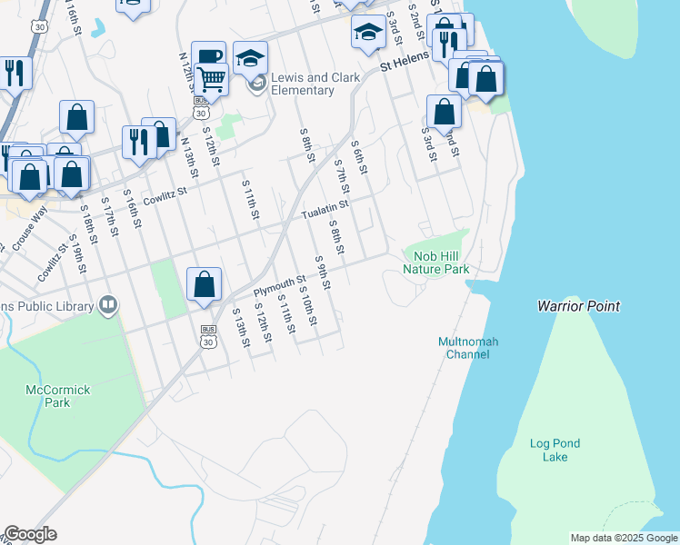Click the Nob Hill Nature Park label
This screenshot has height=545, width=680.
[x=435, y=263]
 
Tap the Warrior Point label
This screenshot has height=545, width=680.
[x=578, y=306]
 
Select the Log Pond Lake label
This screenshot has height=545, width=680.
[x=555, y=450]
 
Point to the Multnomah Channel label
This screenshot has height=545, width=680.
[x=464, y=348]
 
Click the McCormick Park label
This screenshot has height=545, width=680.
[x=57, y=396]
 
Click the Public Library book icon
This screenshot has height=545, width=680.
[x=108, y=304]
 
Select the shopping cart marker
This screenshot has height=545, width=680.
[x=211, y=80]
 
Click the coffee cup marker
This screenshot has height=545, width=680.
[x=208, y=56]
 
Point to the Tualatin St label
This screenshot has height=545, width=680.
[x=325, y=210]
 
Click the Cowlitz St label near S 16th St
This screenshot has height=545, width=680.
[x=163, y=193]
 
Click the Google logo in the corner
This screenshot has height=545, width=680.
[x=30, y=533]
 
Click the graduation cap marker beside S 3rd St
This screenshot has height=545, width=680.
[x=367, y=33]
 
